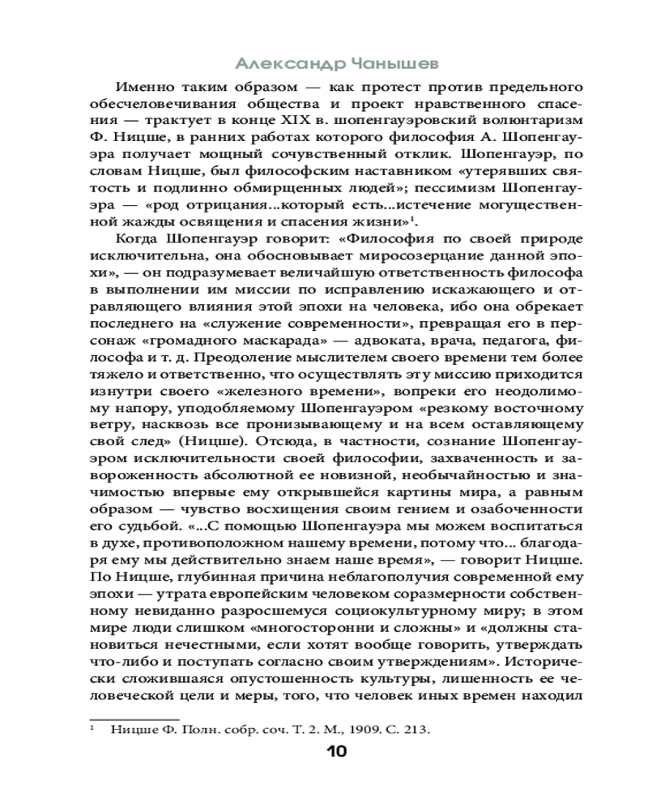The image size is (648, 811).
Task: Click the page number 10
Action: [x=336, y=751]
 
